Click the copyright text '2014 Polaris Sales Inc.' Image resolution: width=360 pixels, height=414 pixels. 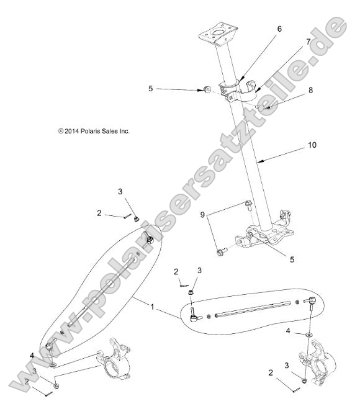(x=94, y=131)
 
